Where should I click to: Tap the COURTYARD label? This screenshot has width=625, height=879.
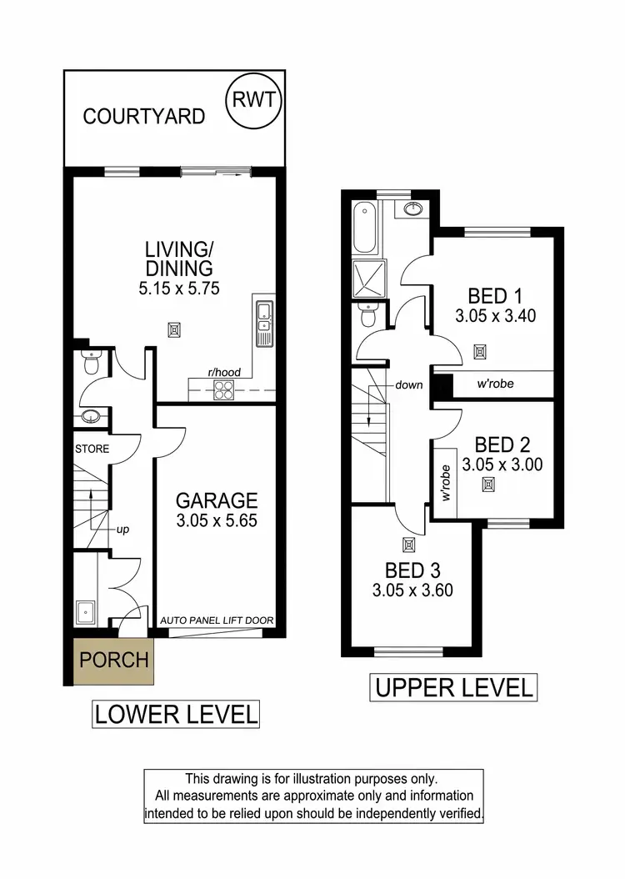pyautogui.click(x=143, y=116)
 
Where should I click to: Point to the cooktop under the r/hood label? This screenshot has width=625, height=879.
pyautogui.click(x=224, y=389)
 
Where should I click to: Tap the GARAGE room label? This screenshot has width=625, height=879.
pyautogui.click(x=216, y=500)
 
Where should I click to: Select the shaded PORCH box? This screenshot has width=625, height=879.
pyautogui.click(x=113, y=661)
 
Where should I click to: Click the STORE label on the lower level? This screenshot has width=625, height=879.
pyautogui.click(x=92, y=450)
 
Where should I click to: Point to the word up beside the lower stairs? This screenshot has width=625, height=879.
pyautogui.click(x=122, y=529)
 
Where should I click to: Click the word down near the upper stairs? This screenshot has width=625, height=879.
pyautogui.click(x=409, y=385)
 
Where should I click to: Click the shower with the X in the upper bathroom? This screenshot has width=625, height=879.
pyautogui.click(x=369, y=276)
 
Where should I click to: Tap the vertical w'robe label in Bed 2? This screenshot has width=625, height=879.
pyautogui.click(x=446, y=484)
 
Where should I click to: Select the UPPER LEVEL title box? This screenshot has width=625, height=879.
pyautogui.click(x=453, y=688)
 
